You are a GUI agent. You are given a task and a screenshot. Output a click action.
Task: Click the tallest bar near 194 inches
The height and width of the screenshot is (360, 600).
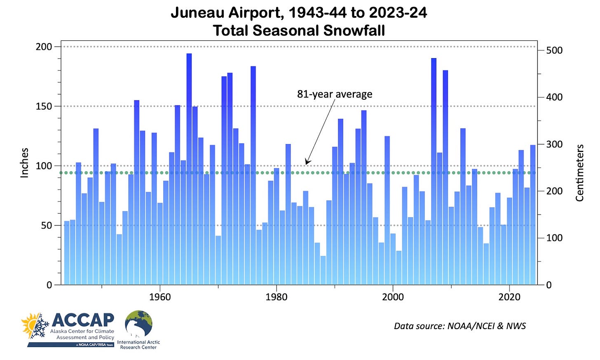click(189, 169)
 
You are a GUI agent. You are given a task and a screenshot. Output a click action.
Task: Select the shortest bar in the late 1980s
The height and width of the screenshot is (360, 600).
click(323, 270)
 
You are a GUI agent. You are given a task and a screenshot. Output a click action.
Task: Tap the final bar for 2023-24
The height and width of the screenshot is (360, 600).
click(533, 215)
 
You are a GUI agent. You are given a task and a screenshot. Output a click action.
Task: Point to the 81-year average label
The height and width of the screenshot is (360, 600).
click(335, 94)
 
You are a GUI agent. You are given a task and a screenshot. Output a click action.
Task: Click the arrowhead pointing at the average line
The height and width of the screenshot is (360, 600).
click(307, 162)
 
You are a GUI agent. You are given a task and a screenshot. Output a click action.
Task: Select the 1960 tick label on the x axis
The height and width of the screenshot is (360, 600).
click(160, 297)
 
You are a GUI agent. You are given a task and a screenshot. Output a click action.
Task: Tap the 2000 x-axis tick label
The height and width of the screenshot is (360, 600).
click(393, 297)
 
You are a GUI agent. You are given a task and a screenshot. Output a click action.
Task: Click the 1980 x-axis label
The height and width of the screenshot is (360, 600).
click(277, 297)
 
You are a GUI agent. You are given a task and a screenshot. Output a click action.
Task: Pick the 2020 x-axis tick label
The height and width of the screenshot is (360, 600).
click(510, 297)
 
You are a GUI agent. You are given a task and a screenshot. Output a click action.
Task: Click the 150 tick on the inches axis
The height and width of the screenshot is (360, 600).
click(44, 106)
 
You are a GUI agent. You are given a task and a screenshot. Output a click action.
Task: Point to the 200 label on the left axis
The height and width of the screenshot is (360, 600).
click(44, 47)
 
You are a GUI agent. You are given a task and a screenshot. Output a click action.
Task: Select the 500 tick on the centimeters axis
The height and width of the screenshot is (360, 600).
click(554, 50)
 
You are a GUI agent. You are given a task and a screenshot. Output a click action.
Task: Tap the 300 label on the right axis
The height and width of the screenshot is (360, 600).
click(554, 144)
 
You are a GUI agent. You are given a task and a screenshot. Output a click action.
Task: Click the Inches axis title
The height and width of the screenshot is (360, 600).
click(25, 163)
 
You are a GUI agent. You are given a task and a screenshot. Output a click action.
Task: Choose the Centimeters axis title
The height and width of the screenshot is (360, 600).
click(580, 173)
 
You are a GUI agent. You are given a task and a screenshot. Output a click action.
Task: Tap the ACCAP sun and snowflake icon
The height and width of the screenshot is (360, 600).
click(35, 326)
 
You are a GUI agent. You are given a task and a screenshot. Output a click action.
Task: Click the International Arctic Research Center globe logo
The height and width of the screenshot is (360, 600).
click(139, 325)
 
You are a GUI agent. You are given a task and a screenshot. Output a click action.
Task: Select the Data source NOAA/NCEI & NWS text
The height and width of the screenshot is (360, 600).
click(460, 326)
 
